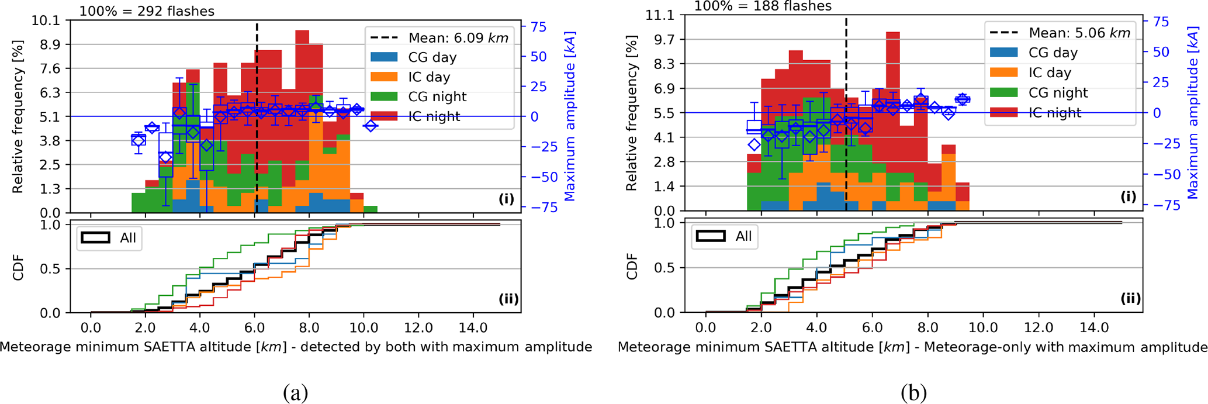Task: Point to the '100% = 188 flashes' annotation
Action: click(762, 6)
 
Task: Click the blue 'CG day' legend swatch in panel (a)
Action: click(384, 57)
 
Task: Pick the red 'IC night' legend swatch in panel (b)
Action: click(1003, 112)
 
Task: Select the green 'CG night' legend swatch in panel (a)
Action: click(384, 96)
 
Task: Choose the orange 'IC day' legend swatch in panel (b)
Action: click(1003, 72)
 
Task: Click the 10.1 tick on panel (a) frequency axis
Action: click(46, 20)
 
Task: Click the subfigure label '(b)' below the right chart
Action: click(913, 393)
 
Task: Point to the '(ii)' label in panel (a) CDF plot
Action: click(508, 299)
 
